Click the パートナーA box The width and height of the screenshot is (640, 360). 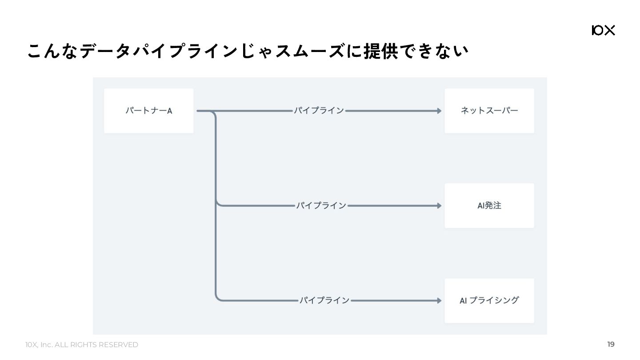[x=148, y=111]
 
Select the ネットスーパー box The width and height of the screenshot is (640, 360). [x=489, y=111]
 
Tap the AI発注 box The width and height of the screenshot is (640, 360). [x=489, y=205]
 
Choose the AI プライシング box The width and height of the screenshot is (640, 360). [x=489, y=300]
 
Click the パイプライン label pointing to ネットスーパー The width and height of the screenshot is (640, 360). [x=319, y=111]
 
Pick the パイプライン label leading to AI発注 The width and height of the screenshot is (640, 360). [x=321, y=205]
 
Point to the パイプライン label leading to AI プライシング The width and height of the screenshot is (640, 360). [x=324, y=300]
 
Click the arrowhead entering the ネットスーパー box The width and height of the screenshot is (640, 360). [x=439, y=111]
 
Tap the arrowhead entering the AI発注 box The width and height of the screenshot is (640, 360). [x=439, y=206]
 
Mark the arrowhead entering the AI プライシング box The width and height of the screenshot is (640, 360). [x=439, y=300]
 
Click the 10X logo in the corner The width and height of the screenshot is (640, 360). [x=603, y=30]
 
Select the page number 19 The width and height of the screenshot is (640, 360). [x=611, y=344]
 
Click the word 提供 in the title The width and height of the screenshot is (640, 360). [x=380, y=51]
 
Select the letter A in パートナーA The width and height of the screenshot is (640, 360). [x=169, y=111]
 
